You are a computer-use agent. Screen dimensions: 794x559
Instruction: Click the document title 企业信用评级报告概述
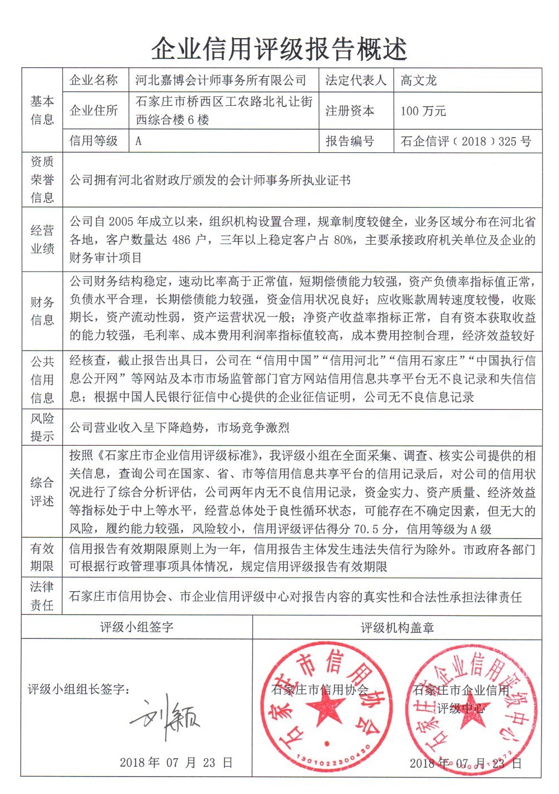[279, 49]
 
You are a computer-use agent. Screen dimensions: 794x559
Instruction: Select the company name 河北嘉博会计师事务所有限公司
[221, 81]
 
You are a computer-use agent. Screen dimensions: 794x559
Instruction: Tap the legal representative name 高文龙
[418, 81]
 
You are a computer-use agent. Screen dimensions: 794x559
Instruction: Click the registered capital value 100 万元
[423, 111]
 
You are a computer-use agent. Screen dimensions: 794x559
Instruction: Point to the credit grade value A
[138, 141]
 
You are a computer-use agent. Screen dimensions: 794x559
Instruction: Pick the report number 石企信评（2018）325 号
[466, 141]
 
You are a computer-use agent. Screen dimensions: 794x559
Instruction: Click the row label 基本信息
[42, 110]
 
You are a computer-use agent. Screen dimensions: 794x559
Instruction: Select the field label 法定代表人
[356, 81]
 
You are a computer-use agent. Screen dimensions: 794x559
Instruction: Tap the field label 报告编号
[350, 141]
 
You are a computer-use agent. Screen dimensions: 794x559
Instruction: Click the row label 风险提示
[42, 427]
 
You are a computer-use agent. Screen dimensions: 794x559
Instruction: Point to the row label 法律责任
[42, 596]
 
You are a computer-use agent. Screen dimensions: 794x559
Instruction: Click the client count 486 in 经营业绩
[181, 240]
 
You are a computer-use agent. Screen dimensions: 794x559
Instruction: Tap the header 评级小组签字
[137, 627]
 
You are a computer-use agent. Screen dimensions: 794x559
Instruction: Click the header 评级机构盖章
[397, 628]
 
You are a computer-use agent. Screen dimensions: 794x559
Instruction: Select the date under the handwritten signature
[176, 763]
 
